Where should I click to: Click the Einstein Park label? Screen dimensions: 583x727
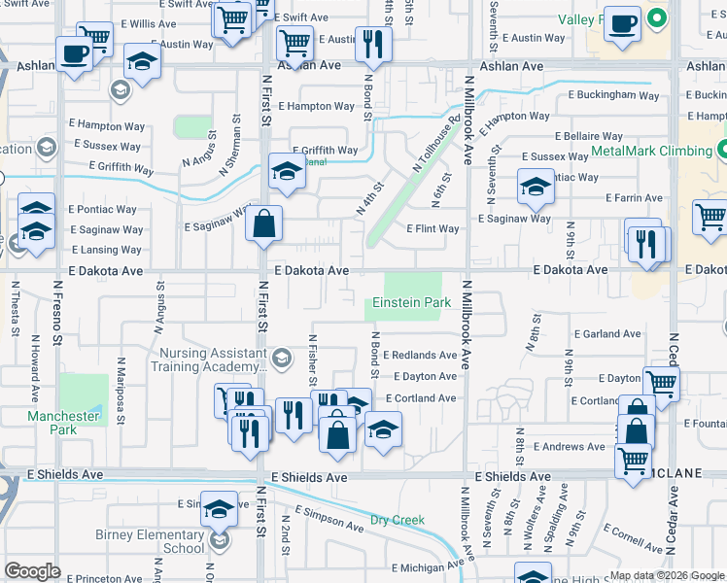pyautogui.click(x=411, y=302)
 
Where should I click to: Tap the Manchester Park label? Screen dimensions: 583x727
pyautogui.click(x=64, y=423)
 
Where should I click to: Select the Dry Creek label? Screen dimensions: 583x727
pyautogui.click(x=397, y=520)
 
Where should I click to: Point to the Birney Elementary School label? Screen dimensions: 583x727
pyautogui.click(x=150, y=541)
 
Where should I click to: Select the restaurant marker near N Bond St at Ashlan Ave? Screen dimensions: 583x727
pyautogui.click(x=372, y=43)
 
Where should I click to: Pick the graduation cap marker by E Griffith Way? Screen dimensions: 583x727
pyautogui.click(x=287, y=171)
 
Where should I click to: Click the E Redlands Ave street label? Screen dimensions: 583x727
pyautogui.click(x=419, y=356)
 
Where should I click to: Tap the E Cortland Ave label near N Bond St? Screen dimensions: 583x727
pyautogui.click(x=420, y=398)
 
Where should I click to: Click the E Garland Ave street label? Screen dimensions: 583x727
pyautogui.click(x=607, y=334)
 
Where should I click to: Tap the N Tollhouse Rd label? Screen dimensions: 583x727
pyautogui.click(x=434, y=147)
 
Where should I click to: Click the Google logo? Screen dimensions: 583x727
pyautogui.click(x=32, y=571)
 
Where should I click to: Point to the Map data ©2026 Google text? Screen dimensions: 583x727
pyautogui.click(x=666, y=575)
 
